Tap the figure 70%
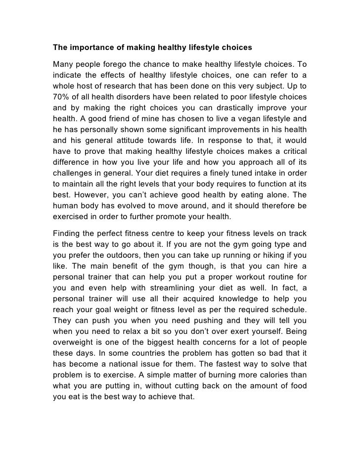63,96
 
